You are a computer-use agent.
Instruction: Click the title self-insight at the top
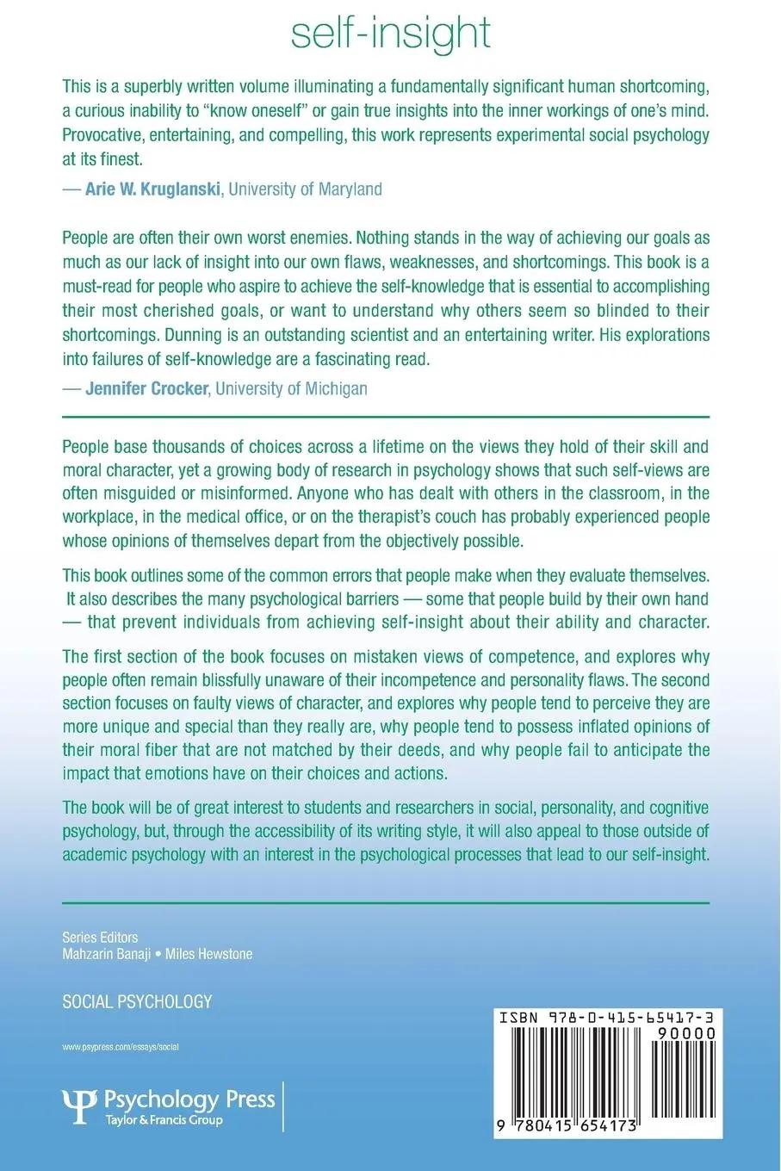coord(390,33)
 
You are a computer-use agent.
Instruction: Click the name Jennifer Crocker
coord(147,388)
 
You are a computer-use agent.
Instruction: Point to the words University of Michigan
coord(291,388)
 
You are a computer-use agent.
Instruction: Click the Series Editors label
coord(100,938)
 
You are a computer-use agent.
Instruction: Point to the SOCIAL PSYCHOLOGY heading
coord(137,1001)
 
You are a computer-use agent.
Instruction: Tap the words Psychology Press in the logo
coord(189,1099)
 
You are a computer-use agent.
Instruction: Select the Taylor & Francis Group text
coord(163,1120)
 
